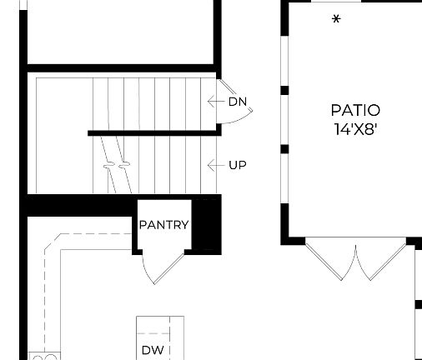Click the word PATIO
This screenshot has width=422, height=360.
click(x=355, y=110)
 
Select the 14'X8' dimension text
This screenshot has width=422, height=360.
click(x=355, y=128)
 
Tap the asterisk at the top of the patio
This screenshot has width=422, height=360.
click(x=336, y=19)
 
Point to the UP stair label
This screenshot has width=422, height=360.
click(x=237, y=165)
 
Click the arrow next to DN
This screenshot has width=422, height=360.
click(x=214, y=102)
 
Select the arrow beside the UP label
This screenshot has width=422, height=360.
click(x=214, y=165)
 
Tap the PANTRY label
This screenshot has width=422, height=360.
click(x=163, y=225)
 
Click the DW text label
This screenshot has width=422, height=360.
click(x=152, y=350)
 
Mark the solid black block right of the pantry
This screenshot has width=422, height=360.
click(x=207, y=223)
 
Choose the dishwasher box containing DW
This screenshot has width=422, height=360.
click(x=160, y=338)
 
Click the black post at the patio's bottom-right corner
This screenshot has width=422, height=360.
click(x=412, y=242)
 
